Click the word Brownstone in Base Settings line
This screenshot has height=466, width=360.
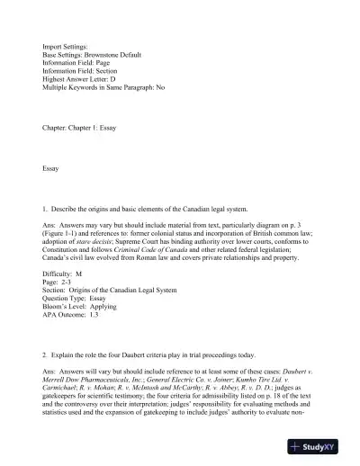pos(104,55)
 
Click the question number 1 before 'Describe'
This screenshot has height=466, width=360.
pos(44,209)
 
